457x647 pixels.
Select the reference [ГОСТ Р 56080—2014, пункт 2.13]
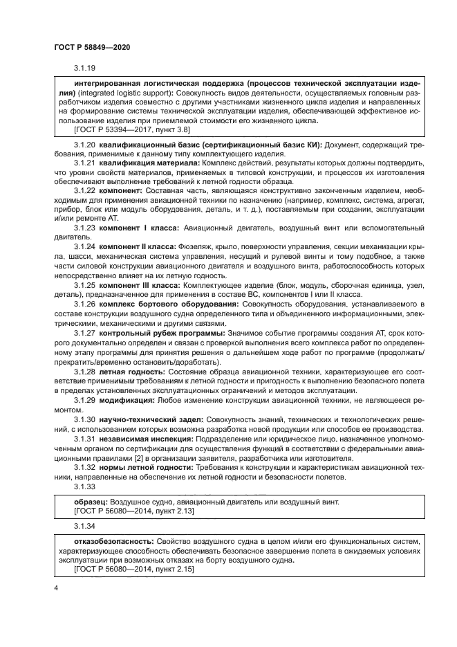tap(133, 510)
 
